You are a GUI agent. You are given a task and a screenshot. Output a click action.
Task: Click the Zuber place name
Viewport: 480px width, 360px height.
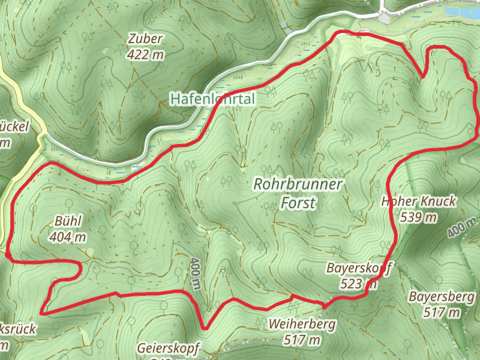tap(145, 39)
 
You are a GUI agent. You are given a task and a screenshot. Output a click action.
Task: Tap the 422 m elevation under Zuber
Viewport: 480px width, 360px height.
tap(145, 54)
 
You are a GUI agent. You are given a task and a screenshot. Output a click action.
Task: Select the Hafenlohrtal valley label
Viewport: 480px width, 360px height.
tap(212, 98)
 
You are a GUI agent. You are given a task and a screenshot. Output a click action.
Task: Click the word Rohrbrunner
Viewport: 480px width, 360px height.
tap(298, 184)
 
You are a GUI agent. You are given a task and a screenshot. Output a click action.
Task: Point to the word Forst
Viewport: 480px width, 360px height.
tap(298, 203)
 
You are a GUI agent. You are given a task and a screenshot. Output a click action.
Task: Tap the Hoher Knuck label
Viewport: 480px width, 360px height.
tap(419, 201)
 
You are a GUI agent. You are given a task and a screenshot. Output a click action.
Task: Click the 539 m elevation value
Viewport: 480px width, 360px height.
tap(419, 217)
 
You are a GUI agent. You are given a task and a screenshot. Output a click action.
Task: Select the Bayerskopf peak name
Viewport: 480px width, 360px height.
tap(359, 267)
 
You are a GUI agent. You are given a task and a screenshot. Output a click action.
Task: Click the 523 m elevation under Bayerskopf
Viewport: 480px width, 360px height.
tap(359, 283)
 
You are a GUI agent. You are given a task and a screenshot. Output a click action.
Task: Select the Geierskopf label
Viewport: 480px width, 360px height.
tap(167, 348)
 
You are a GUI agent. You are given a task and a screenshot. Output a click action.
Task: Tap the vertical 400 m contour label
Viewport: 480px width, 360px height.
tap(195, 274)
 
